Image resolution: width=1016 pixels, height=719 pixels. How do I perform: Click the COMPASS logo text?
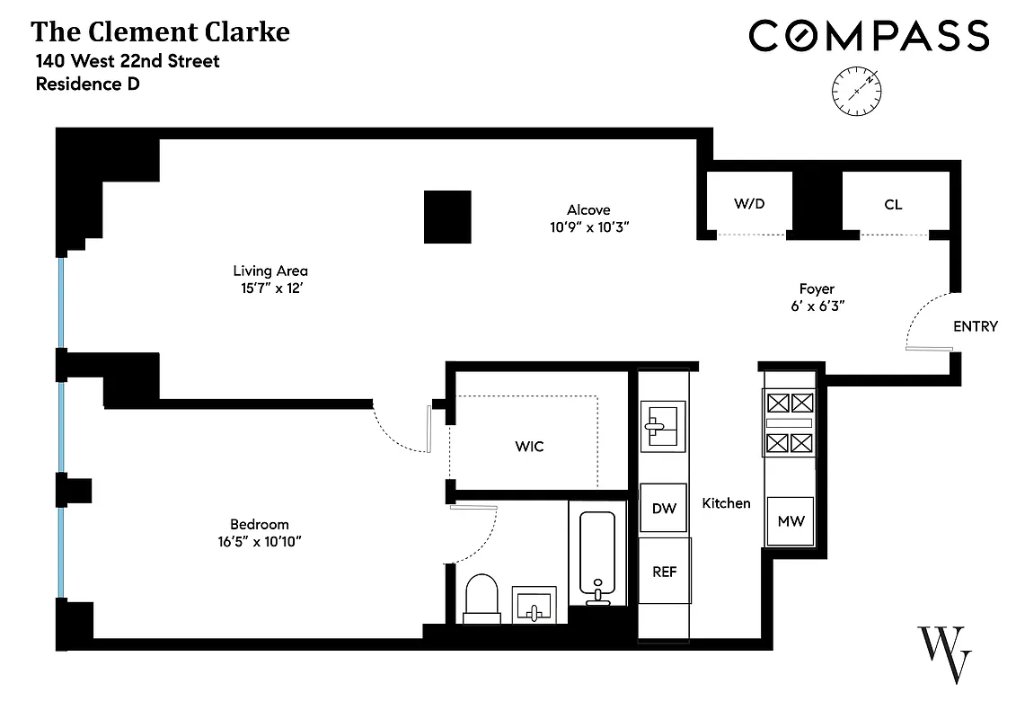[x=869, y=36]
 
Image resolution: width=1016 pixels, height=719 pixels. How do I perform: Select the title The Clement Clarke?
[x=161, y=33]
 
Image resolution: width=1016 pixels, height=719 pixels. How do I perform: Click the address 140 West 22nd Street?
[x=128, y=62]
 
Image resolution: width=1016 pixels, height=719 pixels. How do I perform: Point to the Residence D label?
[x=87, y=84]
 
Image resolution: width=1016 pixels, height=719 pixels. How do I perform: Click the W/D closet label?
[x=749, y=204]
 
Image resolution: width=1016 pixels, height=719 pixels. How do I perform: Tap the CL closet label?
[x=893, y=205]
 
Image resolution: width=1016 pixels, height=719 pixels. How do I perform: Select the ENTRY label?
[x=975, y=326]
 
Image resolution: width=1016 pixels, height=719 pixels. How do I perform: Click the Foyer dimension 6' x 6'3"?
[x=817, y=306]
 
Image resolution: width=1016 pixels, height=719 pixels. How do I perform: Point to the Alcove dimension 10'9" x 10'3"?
[x=588, y=227]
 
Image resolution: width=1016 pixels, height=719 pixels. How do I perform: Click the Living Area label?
[x=270, y=271]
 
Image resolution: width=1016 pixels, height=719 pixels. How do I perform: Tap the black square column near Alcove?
[x=447, y=217]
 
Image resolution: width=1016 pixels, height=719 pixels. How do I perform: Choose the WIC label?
[x=529, y=446]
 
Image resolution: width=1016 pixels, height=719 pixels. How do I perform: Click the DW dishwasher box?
[x=664, y=509]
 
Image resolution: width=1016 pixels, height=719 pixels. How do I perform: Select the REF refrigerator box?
[x=665, y=571]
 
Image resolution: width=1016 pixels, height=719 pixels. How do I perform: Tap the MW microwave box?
[x=790, y=521]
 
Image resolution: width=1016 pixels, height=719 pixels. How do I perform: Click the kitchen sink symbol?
[x=663, y=425]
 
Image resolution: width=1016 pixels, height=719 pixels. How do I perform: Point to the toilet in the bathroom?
[x=482, y=598]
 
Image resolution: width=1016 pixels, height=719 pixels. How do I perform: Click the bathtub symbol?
[x=596, y=553]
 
